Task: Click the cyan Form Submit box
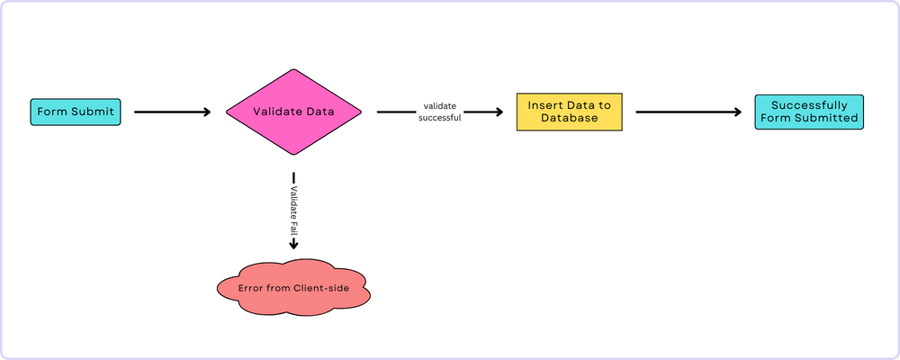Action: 76,112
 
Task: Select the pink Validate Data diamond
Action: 293,112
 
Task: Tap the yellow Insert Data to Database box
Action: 570,112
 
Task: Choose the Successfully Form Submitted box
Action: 808,112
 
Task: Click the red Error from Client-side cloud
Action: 293,289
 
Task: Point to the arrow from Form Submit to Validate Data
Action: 172,112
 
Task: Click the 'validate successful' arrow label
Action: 439,112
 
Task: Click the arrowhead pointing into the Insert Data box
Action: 498,112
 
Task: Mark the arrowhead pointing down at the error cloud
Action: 293,244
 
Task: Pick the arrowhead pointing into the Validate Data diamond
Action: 206,112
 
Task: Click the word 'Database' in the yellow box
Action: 570,119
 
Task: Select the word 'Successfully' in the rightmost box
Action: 808,105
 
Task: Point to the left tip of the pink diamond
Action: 226,112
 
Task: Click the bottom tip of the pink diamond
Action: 293,155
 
